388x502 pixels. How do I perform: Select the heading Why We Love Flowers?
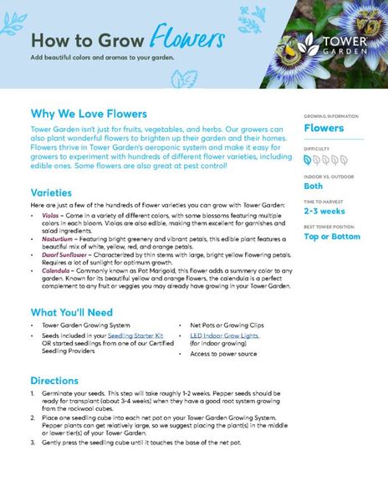pos(89,114)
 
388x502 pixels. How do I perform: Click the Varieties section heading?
pos(56,192)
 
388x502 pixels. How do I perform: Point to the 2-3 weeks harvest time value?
pos(324,211)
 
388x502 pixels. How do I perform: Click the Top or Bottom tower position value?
pos(331,237)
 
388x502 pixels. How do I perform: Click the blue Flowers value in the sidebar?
pos(324,128)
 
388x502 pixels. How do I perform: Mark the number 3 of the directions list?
pos(33,442)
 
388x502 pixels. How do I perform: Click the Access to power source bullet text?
pos(223,354)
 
